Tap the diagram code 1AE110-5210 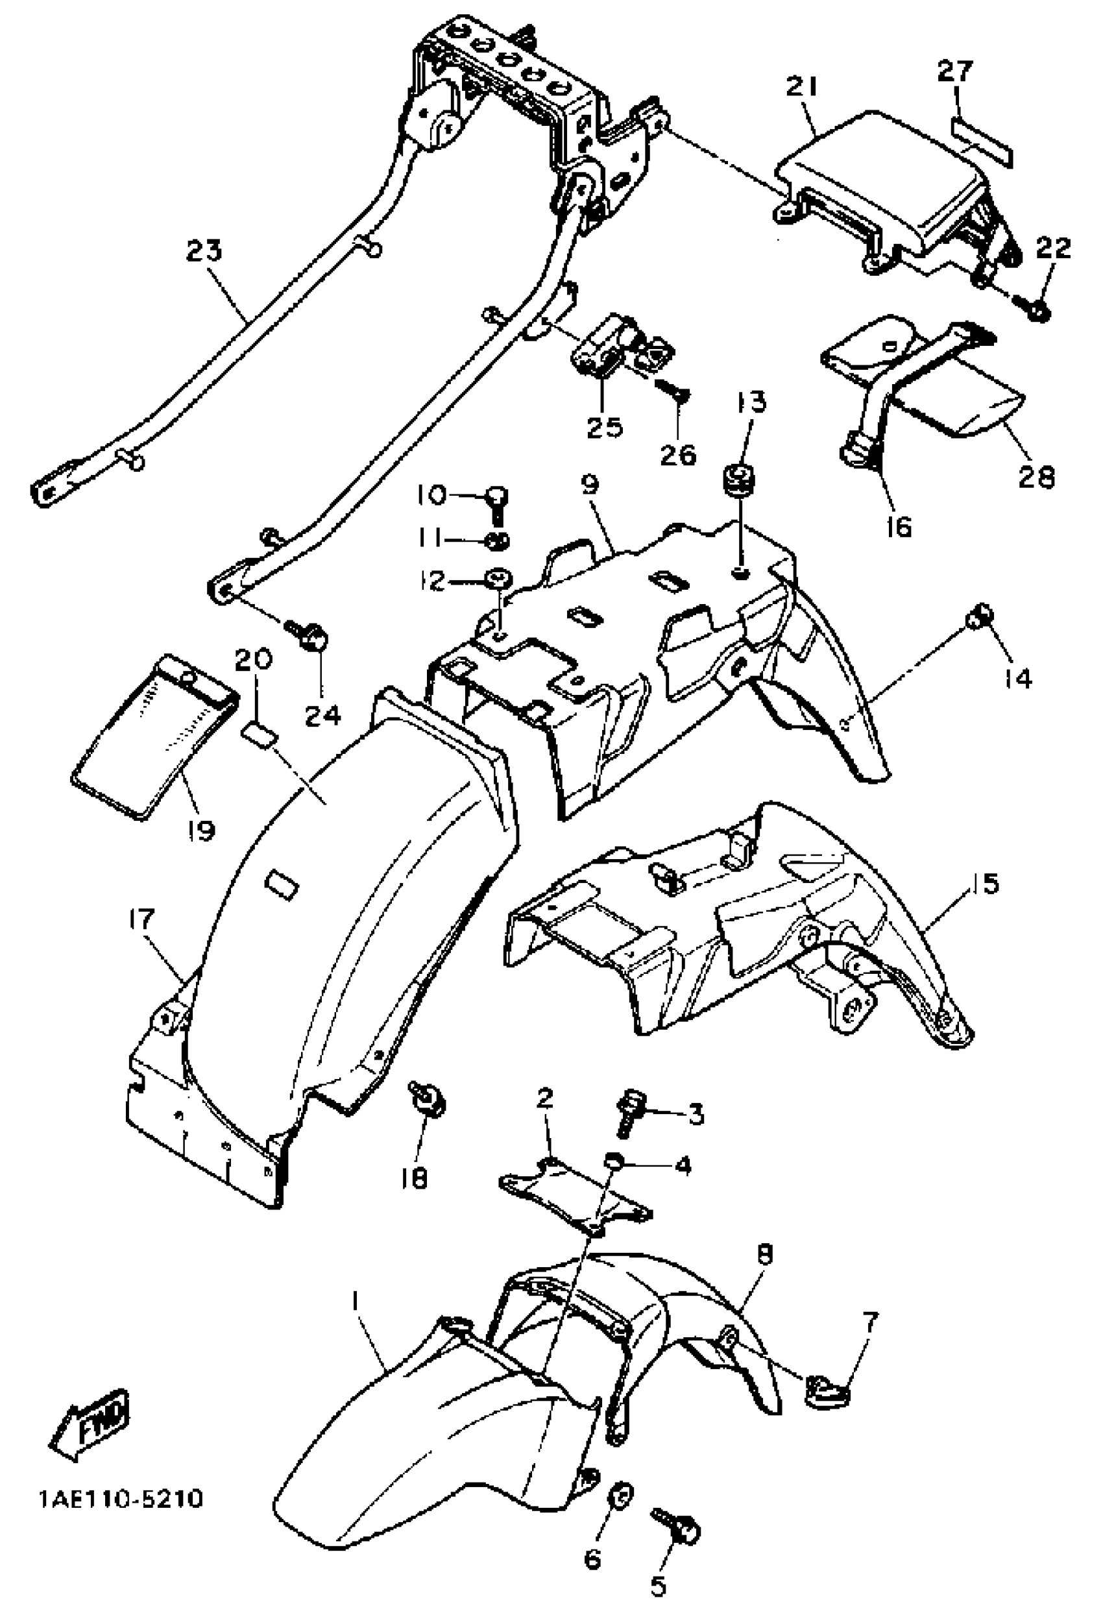[121, 1500]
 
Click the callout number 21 [803, 88]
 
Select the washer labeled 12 [497, 577]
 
